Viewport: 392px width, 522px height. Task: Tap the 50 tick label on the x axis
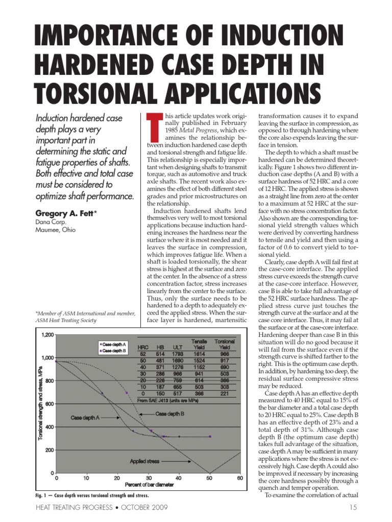tap(209, 478)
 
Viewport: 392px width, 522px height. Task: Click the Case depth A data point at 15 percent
tap(102, 393)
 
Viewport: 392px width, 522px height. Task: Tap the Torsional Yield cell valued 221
tap(225, 394)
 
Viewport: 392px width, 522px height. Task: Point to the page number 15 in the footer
tap(353, 508)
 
